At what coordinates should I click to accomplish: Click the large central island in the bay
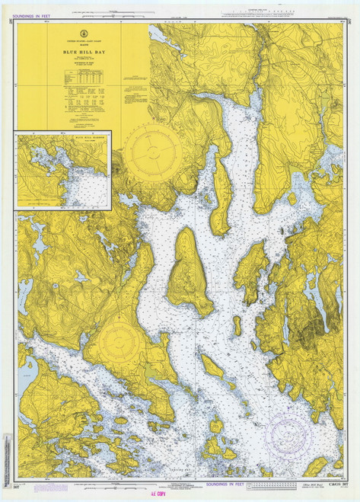tap(189, 270)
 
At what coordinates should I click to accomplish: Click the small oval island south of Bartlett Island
tap(237, 326)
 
